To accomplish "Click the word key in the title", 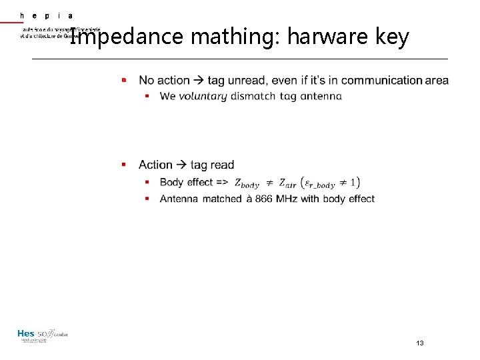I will tap(392, 36).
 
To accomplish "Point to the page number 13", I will tap(420, 343).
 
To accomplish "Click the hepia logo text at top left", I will tap(47, 15).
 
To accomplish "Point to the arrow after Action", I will tap(181, 165).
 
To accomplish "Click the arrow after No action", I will tap(198, 81).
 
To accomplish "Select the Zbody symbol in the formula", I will tap(247, 183).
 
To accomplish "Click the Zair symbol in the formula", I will tap(287, 183).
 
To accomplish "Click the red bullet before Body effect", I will tap(147, 183).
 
